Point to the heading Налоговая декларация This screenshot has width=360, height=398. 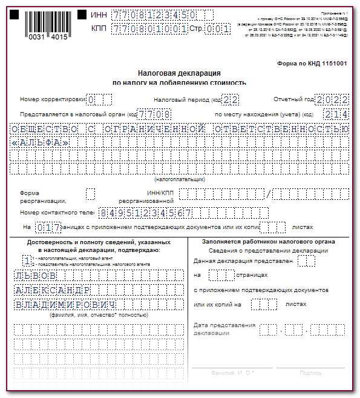click(180, 72)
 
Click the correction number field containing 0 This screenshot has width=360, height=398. click(91, 100)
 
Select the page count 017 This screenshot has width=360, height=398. click(48, 227)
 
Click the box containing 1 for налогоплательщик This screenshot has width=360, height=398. click(27, 260)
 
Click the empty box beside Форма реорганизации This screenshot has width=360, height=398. click(91, 194)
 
